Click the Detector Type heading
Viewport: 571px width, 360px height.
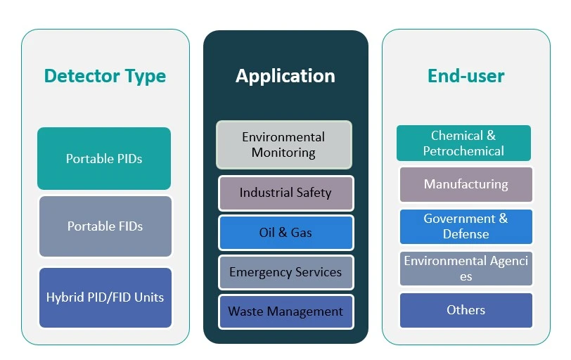(105, 76)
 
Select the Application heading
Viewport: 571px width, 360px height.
(285, 76)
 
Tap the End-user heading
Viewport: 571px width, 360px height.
(466, 76)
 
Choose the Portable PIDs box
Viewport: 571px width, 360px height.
(104, 159)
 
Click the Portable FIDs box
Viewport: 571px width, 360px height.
(105, 226)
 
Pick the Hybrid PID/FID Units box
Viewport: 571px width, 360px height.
(105, 297)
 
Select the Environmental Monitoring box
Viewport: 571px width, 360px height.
(284, 145)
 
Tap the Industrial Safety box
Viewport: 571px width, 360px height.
(285, 193)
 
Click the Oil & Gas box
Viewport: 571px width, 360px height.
(285, 233)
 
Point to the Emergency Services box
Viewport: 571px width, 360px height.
(285, 272)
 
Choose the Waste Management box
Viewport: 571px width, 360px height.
(285, 311)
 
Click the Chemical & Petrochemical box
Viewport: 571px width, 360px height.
(463, 143)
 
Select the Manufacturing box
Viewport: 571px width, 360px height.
(466, 184)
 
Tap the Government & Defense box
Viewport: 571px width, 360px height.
(466, 226)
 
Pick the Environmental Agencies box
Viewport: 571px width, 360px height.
(466, 269)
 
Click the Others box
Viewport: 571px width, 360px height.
(466, 310)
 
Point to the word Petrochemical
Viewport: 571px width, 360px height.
(463, 151)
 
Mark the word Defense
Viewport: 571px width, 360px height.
(466, 234)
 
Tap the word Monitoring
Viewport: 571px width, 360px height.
(284, 153)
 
